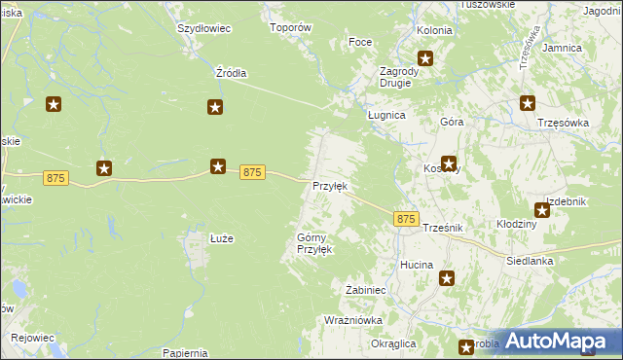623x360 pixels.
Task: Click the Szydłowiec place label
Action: [x=203, y=28]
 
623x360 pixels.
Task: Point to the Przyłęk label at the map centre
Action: [x=329, y=186]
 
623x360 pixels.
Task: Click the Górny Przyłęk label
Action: [x=314, y=243]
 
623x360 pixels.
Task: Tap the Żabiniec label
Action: [x=368, y=289]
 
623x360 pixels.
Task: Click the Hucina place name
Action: [x=417, y=265]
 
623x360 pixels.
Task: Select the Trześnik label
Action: [x=442, y=228]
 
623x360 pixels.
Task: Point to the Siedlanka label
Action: [x=530, y=261]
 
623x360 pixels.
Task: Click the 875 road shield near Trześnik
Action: [x=407, y=220]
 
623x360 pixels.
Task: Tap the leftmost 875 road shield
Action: [x=55, y=179]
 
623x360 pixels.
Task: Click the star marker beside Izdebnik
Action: [x=542, y=209]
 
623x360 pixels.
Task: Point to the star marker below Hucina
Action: [x=448, y=279]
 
